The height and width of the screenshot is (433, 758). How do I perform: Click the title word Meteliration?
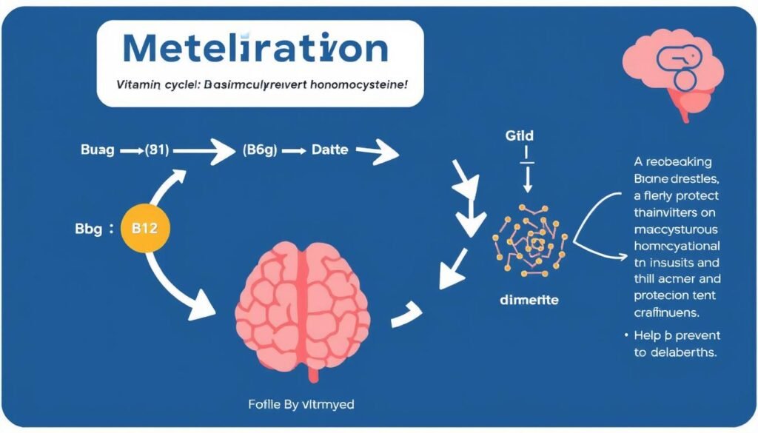(x=255, y=49)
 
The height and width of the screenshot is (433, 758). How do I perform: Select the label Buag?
(x=97, y=150)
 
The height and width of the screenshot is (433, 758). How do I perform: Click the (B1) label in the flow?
(x=155, y=150)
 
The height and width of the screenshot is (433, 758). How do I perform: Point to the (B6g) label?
(x=259, y=150)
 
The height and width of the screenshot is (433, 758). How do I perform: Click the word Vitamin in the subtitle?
(x=136, y=85)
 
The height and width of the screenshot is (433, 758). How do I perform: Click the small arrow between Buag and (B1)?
(x=130, y=150)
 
